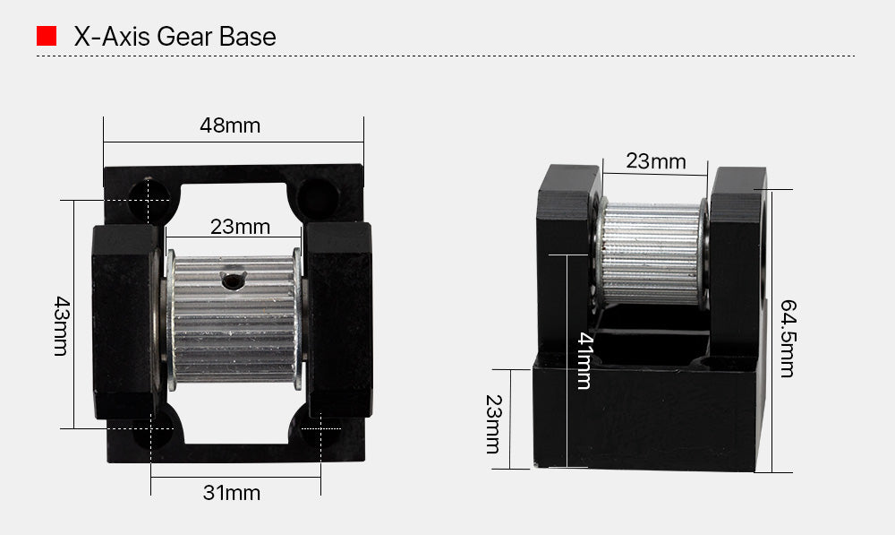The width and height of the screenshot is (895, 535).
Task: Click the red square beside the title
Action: tap(47, 37)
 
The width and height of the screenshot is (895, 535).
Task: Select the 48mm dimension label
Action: tap(229, 125)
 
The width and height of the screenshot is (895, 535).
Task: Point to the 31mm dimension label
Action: tap(231, 493)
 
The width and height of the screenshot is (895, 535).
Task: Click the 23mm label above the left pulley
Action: tap(240, 228)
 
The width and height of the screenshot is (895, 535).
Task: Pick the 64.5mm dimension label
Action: tap(787, 339)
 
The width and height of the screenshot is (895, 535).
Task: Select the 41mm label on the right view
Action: tap(584, 360)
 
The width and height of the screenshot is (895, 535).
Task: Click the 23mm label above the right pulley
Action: tap(655, 162)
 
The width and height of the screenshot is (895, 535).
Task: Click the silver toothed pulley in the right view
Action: tap(651, 252)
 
